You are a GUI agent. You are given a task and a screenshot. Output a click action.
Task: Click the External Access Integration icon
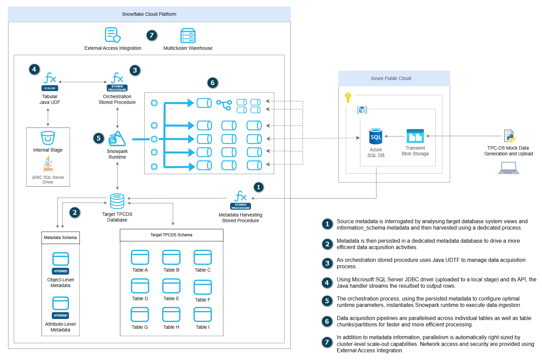tap(112, 35)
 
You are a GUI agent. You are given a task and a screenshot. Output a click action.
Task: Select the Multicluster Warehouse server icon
tap(188, 35)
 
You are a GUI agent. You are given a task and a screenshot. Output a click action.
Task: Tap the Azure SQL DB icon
tap(375, 136)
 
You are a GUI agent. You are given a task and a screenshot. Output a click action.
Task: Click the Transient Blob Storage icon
tap(415, 136)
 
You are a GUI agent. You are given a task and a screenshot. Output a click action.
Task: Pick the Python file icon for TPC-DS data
tap(509, 136)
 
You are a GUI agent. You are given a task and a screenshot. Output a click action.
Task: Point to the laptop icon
tap(508, 168)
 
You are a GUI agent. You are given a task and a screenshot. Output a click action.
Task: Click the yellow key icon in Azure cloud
tap(348, 97)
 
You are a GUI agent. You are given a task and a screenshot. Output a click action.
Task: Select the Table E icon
tap(171, 286)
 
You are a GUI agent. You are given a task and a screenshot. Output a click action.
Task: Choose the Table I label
tap(203, 327)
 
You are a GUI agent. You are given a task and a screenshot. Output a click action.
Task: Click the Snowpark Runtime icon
tap(117, 138)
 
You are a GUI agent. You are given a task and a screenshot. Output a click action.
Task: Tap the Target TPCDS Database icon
tap(117, 201)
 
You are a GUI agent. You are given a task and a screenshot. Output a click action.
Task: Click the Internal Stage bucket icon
tap(48, 138)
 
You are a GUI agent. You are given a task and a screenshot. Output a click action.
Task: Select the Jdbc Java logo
tap(48, 164)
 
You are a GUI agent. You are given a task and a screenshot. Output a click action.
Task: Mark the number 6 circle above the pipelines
tap(212, 83)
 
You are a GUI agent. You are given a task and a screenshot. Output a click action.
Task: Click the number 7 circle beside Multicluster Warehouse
tap(152, 35)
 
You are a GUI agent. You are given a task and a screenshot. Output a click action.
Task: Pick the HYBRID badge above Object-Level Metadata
tap(61, 271)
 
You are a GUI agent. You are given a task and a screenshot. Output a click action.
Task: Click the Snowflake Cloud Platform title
tap(149, 14)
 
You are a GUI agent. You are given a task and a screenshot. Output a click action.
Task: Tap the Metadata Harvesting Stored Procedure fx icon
tap(240, 196)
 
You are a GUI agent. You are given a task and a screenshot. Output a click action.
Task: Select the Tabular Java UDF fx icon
tap(50, 79)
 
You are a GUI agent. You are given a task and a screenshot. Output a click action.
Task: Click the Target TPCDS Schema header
tap(171, 235)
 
